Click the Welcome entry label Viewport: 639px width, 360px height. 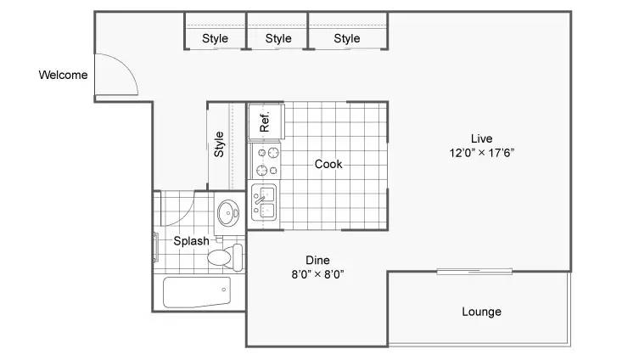point(63,75)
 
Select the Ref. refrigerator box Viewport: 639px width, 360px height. point(266,121)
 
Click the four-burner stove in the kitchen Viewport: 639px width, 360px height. point(266,160)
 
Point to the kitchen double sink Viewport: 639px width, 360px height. point(264,203)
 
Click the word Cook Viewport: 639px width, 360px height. point(328,165)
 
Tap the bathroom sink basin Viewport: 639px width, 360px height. point(227,213)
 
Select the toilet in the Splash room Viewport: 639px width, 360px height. point(225,257)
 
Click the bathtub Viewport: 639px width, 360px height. point(197,292)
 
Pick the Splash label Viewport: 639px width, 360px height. point(192,241)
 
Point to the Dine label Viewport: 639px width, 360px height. point(318,260)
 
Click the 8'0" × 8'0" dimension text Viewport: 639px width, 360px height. point(318,274)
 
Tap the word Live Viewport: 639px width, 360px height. point(482,138)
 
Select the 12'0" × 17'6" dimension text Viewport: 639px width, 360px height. point(482,153)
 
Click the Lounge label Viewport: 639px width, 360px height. point(482,312)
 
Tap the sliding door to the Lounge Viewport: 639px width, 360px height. point(474,271)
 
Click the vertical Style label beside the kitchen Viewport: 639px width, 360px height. point(219,144)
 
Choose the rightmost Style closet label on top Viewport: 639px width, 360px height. point(347,38)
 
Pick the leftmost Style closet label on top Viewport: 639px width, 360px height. point(216,38)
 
